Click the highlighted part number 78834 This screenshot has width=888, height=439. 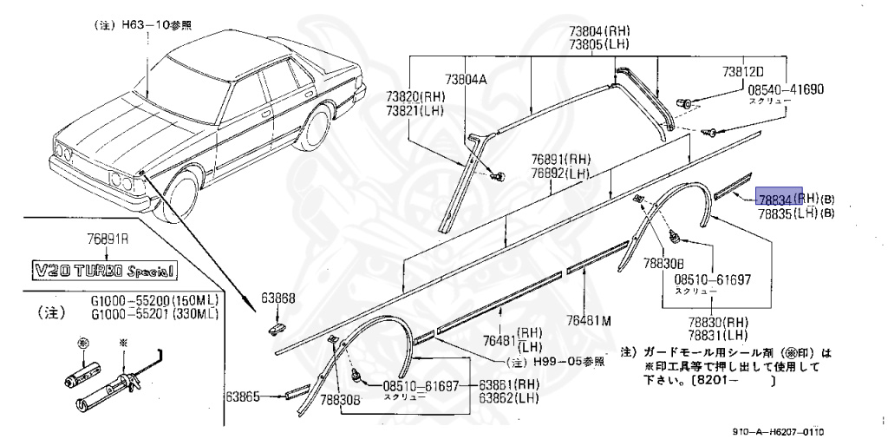coord(778,199)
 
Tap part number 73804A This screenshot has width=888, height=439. coord(466,79)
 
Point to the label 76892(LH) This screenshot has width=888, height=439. coord(561,172)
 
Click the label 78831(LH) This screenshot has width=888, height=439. coord(719,334)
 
